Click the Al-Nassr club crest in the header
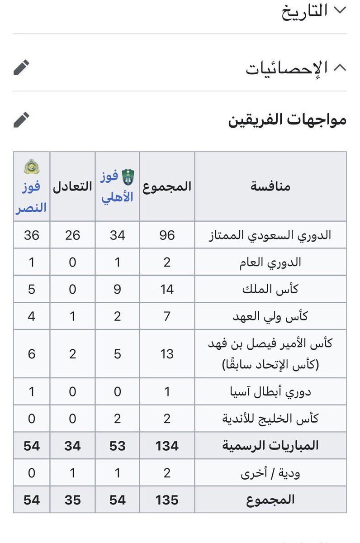(x=31, y=167)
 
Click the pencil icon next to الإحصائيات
(x=21, y=67)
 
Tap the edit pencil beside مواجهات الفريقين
(x=21, y=119)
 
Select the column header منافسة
(x=270, y=186)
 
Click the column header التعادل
(x=72, y=186)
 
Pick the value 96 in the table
(x=167, y=235)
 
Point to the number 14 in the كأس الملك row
(x=167, y=289)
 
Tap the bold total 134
(x=167, y=446)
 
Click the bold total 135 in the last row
(x=167, y=500)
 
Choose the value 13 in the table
(x=167, y=353)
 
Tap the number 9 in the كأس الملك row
(x=117, y=289)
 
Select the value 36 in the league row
(x=32, y=235)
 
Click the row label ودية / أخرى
(x=270, y=473)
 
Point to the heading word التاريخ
(x=304, y=11)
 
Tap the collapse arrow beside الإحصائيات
(x=340, y=67)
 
